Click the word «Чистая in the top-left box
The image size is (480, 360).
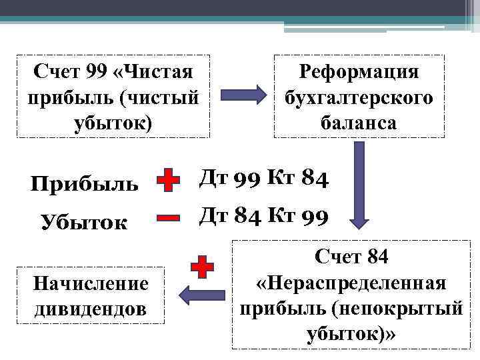click(154, 71)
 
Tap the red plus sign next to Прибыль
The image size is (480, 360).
click(169, 181)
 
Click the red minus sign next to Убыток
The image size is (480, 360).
click(169, 217)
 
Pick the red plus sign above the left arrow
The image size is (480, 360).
click(202, 267)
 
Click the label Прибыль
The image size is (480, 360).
click(85, 183)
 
